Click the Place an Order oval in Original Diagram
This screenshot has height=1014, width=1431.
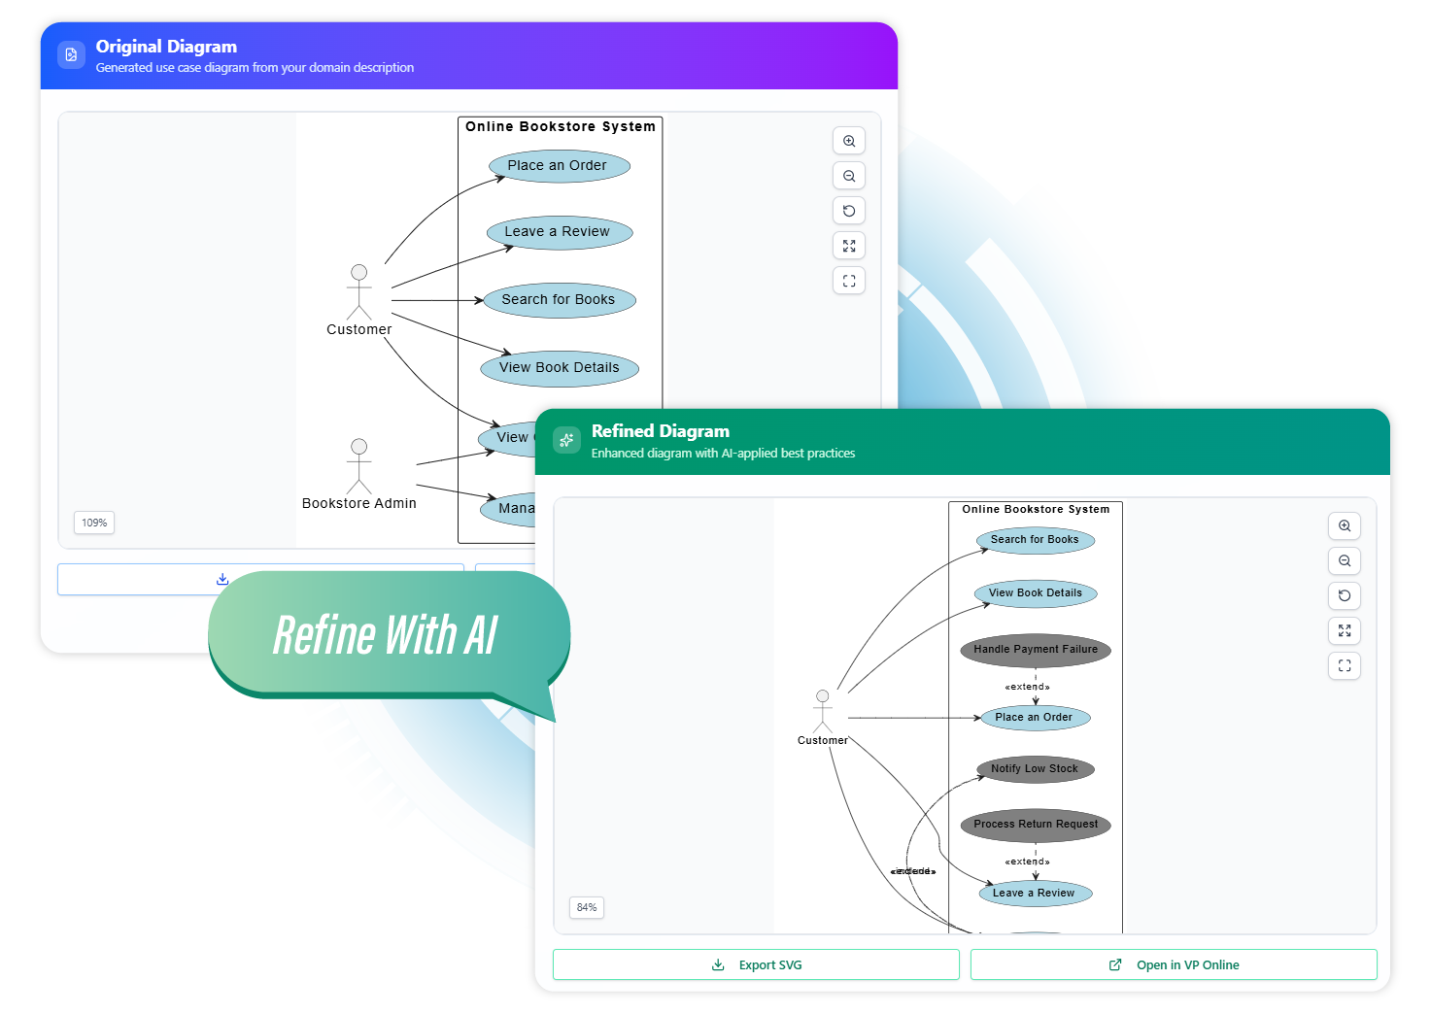tap(559, 166)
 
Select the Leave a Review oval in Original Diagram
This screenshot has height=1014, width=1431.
tap(559, 232)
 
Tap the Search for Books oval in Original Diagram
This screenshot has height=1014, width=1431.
tap(560, 300)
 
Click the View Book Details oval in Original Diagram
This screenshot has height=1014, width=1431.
tap(560, 368)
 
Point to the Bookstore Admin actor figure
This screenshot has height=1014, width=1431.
tap(359, 466)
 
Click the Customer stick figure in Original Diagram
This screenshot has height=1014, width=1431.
tap(359, 291)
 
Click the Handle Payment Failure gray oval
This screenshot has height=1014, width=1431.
tap(1036, 650)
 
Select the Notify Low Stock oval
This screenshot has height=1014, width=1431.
tap(1036, 769)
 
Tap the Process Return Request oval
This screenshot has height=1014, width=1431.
tap(1036, 825)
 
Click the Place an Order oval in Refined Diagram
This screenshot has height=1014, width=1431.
tap(1035, 718)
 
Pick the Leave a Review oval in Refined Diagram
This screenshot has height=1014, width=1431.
tap(1035, 894)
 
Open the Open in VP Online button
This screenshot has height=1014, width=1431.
tap(1174, 964)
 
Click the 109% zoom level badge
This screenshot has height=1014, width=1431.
tap(94, 523)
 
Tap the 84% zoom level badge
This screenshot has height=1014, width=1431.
tap(587, 907)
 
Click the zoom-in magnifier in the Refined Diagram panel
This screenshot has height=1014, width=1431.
tap(1345, 525)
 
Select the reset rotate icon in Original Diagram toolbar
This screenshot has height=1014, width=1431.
tap(849, 211)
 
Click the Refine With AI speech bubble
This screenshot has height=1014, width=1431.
tap(387, 635)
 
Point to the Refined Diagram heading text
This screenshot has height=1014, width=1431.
tap(660, 431)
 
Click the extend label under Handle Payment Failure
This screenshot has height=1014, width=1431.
tap(1027, 687)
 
